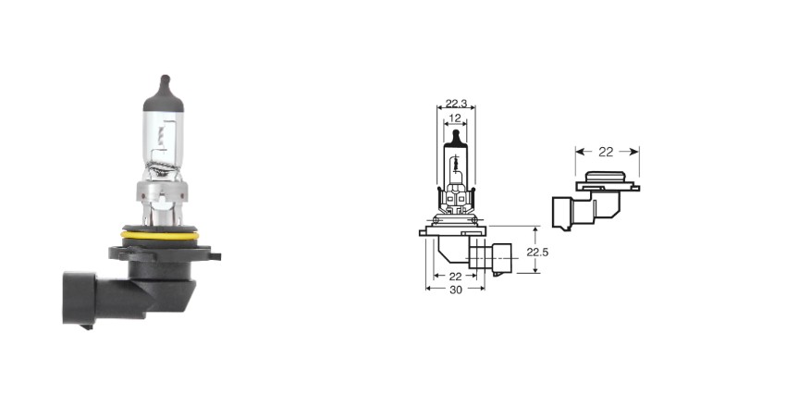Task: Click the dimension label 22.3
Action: tap(456, 104)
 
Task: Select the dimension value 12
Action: tap(456, 118)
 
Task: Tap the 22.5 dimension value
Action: tap(537, 252)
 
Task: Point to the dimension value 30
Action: tap(456, 290)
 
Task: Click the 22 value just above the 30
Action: tap(455, 277)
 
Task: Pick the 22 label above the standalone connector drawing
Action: tap(606, 152)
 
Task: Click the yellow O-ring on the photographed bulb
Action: tap(158, 235)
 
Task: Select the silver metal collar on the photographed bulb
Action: tap(162, 191)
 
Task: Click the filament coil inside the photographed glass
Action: tap(162, 133)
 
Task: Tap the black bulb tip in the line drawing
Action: tap(456, 137)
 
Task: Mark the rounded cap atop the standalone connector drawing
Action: tap(606, 178)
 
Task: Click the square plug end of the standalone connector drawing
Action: tap(562, 214)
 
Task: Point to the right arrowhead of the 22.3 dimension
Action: tap(472, 107)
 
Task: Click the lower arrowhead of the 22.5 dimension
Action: tap(535, 269)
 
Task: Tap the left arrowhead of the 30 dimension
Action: tap(428, 289)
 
